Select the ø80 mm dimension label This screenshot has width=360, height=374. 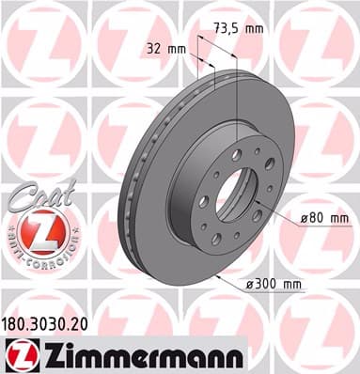tap(323, 219)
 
